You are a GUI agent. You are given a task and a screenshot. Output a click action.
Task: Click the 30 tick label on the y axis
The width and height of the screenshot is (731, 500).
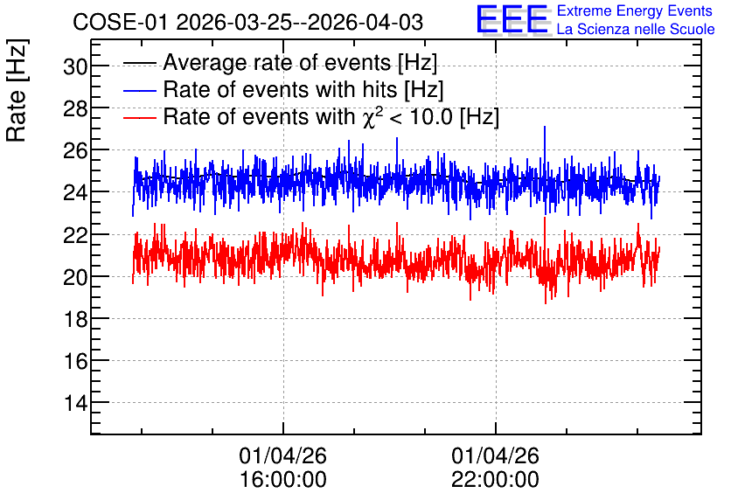pyautogui.click(x=75, y=66)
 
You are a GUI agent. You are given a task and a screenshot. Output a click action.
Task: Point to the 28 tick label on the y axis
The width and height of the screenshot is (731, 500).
pyautogui.click(x=75, y=109)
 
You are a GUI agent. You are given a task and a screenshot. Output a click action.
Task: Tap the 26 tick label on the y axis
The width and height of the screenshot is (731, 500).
pyautogui.click(x=75, y=151)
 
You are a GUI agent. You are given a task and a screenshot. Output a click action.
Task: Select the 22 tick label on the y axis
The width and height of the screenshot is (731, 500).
pyautogui.click(x=75, y=235)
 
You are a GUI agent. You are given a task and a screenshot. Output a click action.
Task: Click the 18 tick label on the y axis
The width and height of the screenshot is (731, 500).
pyautogui.click(x=75, y=320)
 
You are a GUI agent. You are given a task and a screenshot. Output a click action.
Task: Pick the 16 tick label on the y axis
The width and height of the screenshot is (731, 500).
pyautogui.click(x=75, y=362)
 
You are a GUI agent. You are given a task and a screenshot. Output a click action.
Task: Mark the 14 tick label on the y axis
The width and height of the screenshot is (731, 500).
pyautogui.click(x=75, y=404)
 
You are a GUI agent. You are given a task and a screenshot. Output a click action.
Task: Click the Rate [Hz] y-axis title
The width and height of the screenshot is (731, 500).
pyautogui.click(x=17, y=90)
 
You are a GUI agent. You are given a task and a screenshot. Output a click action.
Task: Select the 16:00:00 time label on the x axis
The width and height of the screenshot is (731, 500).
pyautogui.click(x=283, y=479)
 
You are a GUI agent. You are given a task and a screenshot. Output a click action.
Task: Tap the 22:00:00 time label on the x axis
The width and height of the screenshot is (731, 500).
pyautogui.click(x=495, y=479)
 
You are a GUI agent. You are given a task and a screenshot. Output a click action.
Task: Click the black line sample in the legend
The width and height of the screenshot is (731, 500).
pyautogui.click(x=139, y=63)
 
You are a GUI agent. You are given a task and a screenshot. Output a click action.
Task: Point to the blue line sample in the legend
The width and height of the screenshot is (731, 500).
pyautogui.click(x=139, y=90)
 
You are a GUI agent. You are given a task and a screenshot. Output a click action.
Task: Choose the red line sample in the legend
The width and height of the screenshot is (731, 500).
pyautogui.click(x=139, y=117)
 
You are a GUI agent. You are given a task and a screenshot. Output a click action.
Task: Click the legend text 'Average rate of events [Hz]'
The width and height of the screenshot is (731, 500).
pyautogui.click(x=300, y=62)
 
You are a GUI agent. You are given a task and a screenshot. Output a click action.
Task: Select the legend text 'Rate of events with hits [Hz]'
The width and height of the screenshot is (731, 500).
pyautogui.click(x=303, y=89)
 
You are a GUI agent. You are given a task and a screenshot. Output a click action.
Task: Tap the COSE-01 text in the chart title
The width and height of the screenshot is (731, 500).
pyautogui.click(x=119, y=23)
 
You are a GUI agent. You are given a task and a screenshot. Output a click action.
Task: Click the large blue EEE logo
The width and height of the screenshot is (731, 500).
pyautogui.click(x=512, y=19)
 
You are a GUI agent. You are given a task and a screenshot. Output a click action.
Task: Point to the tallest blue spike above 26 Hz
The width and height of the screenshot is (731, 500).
pyautogui.click(x=545, y=127)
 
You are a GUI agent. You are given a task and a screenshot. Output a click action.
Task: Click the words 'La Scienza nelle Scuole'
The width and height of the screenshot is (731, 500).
pyautogui.click(x=636, y=29)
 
